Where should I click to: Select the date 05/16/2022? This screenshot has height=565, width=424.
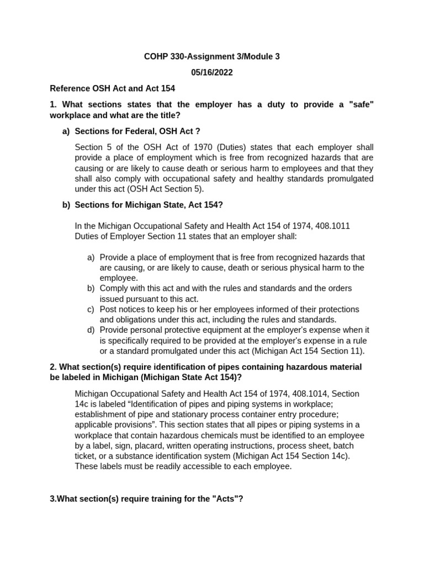[x=212, y=72]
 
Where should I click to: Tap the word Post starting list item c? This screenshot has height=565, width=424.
[x=109, y=310]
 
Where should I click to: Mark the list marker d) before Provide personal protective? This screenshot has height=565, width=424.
[x=91, y=330]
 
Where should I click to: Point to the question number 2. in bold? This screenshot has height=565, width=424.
[x=53, y=367]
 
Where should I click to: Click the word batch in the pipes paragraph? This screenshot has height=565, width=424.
[x=342, y=446]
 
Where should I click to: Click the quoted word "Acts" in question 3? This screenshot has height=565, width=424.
[x=222, y=499]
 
